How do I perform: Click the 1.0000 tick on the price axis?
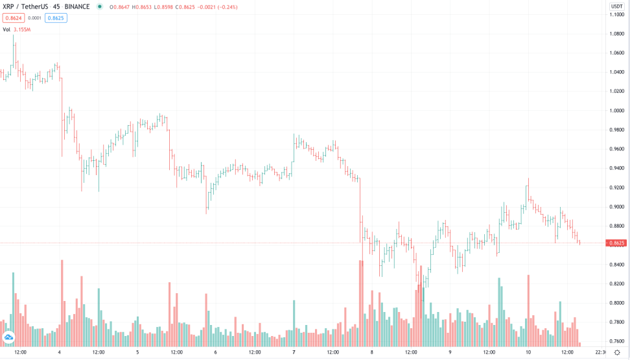point(617,110)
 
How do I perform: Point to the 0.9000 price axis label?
point(617,207)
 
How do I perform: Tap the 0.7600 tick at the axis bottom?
point(617,341)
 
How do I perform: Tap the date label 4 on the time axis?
point(59,352)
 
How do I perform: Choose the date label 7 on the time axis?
point(294,352)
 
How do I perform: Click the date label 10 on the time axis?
point(528,352)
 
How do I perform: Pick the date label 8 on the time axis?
point(371,352)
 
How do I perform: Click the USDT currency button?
point(616,6)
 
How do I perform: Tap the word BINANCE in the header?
point(76,6)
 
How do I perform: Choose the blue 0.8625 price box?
point(56,18)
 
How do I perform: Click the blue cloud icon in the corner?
point(9,337)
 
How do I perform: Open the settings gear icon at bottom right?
point(616,352)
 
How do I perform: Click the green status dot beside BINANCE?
point(99,6)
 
